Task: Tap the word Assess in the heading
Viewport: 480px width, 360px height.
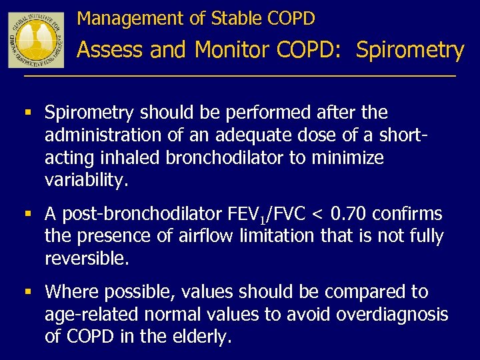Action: point(111,50)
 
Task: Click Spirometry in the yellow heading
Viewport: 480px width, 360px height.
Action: point(409,50)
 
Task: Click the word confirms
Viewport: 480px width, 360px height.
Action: point(407,214)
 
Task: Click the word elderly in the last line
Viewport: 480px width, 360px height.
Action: point(200,337)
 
